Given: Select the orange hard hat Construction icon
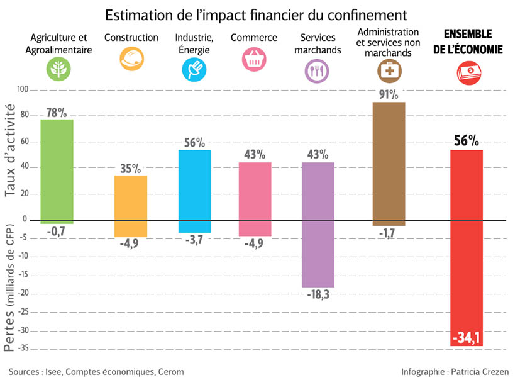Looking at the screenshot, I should click(131, 60).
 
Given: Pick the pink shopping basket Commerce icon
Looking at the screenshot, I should click(253, 60).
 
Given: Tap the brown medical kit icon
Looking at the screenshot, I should click(388, 72).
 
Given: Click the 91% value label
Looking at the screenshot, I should click(388, 94).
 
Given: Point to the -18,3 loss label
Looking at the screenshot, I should click(317, 294).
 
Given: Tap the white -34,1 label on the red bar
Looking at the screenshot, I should click(466, 338).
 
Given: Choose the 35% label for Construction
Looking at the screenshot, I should click(131, 168).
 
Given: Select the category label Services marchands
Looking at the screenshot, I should click(318, 44).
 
